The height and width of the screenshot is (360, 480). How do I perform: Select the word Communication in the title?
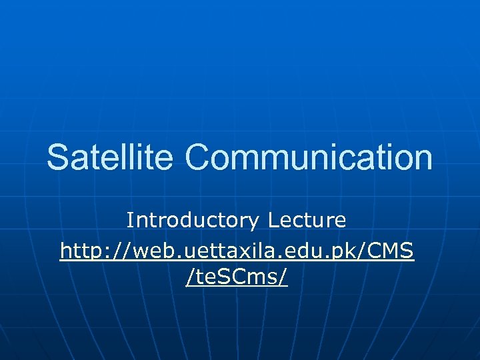coord(309,157)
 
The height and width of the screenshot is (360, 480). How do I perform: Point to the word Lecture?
coord(307,220)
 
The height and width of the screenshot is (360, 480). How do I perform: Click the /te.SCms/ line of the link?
coord(237,277)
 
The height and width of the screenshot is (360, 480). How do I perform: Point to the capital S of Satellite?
coord(57,157)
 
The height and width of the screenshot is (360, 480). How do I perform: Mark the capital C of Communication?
coord(198,157)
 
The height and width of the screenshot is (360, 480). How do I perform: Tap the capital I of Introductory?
coord(130,220)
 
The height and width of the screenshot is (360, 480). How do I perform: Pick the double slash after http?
coord(123,251)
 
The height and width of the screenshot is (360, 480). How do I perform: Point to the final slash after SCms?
coord(284,277)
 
